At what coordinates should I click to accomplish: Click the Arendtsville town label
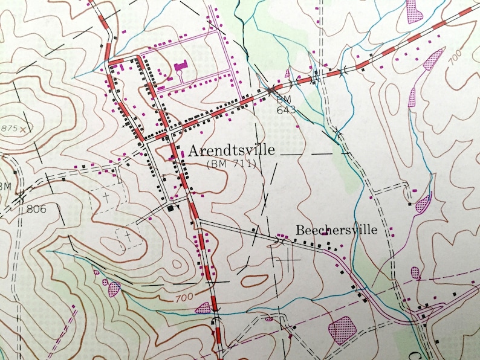pyautogui.click(x=232, y=150)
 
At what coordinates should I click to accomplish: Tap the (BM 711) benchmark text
pyautogui.click(x=232, y=164)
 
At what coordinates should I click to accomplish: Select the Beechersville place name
pyautogui.click(x=336, y=230)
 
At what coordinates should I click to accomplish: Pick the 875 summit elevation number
pyautogui.click(x=9, y=129)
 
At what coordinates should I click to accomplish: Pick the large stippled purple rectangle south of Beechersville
pyautogui.click(x=342, y=330)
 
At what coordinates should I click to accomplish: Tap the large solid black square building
pyautogui.click(x=171, y=208)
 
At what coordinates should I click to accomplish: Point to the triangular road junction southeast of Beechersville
pyautogui.click(x=426, y=313)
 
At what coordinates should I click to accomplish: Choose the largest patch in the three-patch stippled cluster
pyautogui.click(x=114, y=289)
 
